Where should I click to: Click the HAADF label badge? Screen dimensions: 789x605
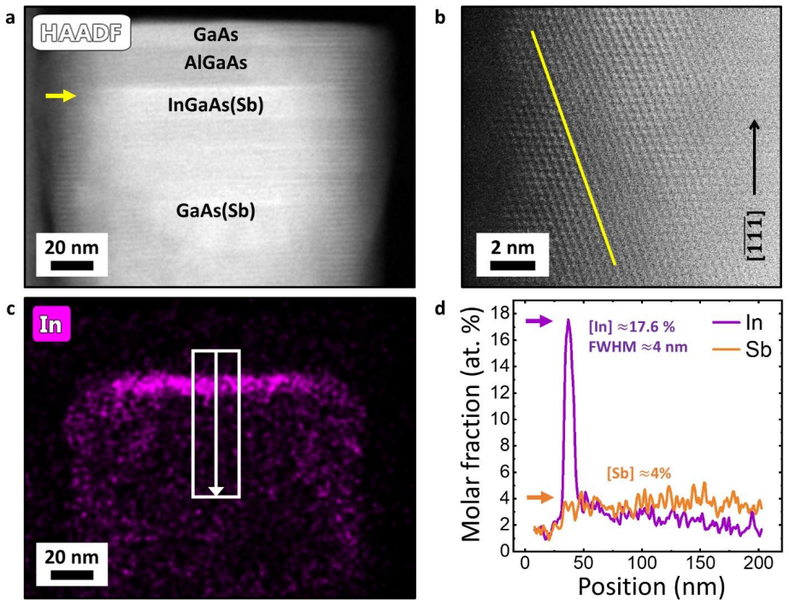pos(82,32)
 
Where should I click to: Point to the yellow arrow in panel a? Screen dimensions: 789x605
pos(61,96)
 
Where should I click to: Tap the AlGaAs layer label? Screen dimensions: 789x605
pos(215,63)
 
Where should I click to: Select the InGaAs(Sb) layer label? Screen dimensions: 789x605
pos(215,105)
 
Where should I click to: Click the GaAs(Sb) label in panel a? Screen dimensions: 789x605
pos(215,210)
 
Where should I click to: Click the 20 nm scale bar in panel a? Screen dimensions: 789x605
pos(72,265)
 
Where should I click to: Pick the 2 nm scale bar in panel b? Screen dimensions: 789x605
pos(512,265)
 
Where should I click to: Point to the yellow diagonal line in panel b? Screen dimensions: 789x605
pos(573,148)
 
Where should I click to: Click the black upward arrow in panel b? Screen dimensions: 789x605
pos(754,157)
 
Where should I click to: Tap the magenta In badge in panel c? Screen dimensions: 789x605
pos(50,325)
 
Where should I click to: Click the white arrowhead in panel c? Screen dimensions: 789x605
pos(216,491)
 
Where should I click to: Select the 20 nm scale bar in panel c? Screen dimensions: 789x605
pos(72,574)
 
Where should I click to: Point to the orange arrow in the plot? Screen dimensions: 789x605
pos(539,497)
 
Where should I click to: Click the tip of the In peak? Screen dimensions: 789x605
pos(568,319)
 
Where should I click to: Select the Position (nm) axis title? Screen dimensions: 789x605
pos(651,586)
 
